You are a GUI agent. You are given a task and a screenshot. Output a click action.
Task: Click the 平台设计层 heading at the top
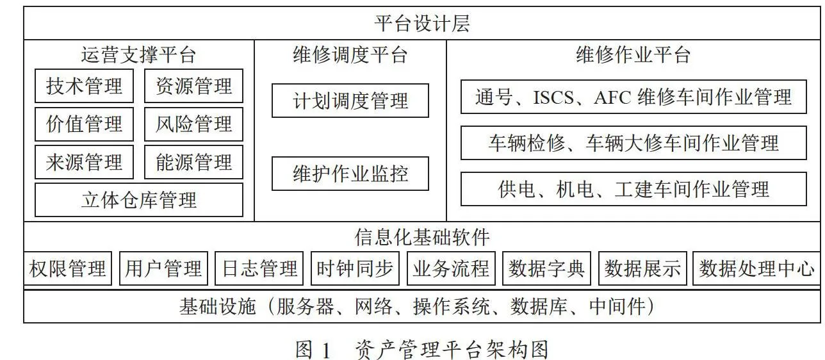click(422, 23)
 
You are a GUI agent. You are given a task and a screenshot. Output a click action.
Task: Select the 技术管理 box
click(84, 86)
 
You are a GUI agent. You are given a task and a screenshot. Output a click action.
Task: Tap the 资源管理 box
click(193, 86)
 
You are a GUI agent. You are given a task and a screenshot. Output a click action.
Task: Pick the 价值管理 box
click(84, 124)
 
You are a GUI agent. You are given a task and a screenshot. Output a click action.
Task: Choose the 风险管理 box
click(193, 124)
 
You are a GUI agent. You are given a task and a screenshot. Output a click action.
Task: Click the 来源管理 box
click(84, 162)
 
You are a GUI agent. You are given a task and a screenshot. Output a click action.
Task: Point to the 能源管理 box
click(193, 162)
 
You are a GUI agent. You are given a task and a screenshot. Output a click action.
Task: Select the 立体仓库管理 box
click(139, 200)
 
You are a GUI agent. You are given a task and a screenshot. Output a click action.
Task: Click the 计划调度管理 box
click(350, 101)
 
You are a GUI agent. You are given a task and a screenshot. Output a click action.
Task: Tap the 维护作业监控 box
click(350, 174)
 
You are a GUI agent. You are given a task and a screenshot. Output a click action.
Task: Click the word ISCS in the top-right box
click(553, 97)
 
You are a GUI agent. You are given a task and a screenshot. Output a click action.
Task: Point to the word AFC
click(612, 97)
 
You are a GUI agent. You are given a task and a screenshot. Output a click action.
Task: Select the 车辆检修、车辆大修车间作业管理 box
click(634, 143)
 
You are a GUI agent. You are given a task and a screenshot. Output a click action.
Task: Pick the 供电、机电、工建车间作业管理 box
click(634, 189)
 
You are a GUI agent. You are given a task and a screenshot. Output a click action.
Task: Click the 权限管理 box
click(68, 268)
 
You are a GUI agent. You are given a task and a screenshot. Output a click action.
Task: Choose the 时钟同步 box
click(355, 268)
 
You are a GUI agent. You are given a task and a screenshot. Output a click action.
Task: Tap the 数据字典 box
click(546, 268)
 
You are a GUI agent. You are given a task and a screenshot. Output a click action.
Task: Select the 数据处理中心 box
click(756, 268)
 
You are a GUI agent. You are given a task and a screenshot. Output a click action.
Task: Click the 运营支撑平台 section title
click(138, 55)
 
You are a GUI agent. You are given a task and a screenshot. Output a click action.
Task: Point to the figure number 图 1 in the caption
click(313, 350)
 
